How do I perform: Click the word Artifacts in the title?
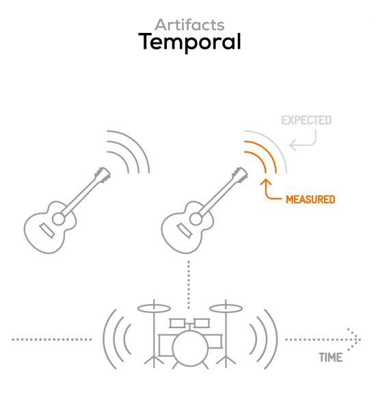(x=189, y=25)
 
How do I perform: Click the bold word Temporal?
(x=189, y=42)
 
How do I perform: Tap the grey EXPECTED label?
(x=306, y=121)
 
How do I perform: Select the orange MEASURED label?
(x=310, y=199)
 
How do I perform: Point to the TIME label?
(x=331, y=358)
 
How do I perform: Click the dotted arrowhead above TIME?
(x=355, y=340)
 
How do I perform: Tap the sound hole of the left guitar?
(x=59, y=219)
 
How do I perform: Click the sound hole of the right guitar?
(x=196, y=219)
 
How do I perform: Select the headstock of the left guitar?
(x=103, y=175)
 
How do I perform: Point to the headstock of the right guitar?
(x=240, y=175)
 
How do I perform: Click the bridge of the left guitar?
(x=47, y=231)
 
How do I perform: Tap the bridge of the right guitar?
(x=184, y=231)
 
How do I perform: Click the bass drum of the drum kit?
(x=191, y=349)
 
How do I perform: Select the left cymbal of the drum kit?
(x=154, y=308)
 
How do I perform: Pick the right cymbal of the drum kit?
(x=226, y=308)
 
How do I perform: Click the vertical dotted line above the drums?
(x=189, y=285)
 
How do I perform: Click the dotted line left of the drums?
(x=52, y=340)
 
